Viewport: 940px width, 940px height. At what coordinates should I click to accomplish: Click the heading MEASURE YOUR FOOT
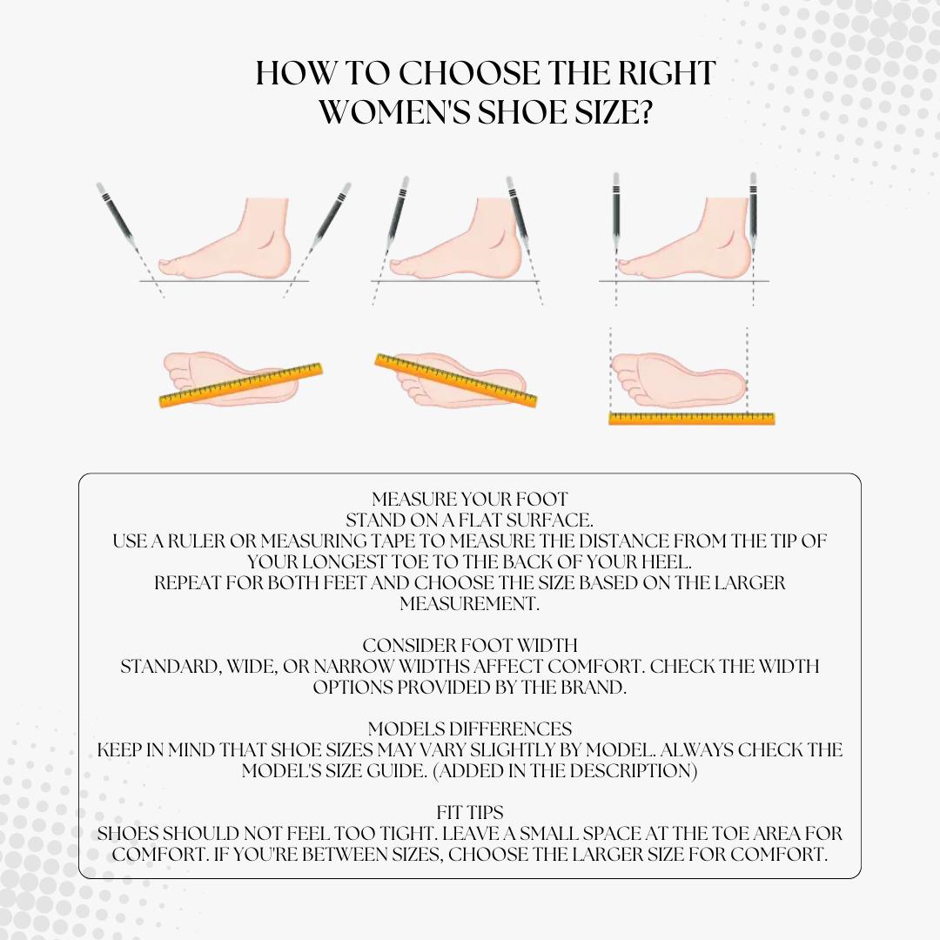coord(469,499)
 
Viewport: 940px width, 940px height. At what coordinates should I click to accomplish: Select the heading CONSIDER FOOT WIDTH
coord(470,645)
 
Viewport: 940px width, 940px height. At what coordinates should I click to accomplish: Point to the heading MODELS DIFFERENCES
coord(470,728)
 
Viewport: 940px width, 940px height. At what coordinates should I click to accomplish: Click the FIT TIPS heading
coord(470,812)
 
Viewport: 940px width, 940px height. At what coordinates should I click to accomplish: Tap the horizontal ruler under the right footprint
coord(692,419)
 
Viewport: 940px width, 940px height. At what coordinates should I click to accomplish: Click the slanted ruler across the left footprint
coord(241,385)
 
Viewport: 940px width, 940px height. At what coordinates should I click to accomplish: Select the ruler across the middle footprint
coord(455,380)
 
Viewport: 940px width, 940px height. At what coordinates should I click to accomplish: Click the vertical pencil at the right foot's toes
coord(615,213)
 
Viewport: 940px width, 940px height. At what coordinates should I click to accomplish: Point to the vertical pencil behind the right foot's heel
coord(753,213)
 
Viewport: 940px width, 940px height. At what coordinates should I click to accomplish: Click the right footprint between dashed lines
coord(678,380)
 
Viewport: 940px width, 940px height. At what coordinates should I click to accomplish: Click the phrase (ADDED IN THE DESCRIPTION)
coord(565,770)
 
